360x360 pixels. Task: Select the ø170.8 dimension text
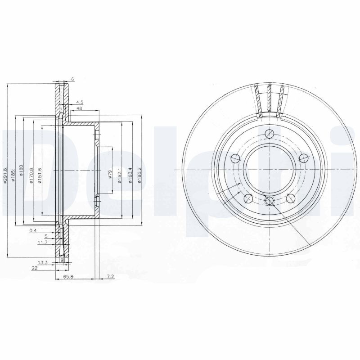click(x=31, y=175)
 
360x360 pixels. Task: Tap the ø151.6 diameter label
click(x=40, y=175)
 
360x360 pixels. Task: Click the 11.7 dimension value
click(x=43, y=242)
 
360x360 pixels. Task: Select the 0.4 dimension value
click(x=32, y=230)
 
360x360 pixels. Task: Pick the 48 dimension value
click(x=79, y=108)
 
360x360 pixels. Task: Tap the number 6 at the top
click(x=72, y=79)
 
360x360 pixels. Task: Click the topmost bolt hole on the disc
click(x=270, y=133)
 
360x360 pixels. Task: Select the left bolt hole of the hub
click(x=235, y=158)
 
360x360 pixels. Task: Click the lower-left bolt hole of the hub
click(x=247, y=198)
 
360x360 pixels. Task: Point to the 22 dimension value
click(x=34, y=268)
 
